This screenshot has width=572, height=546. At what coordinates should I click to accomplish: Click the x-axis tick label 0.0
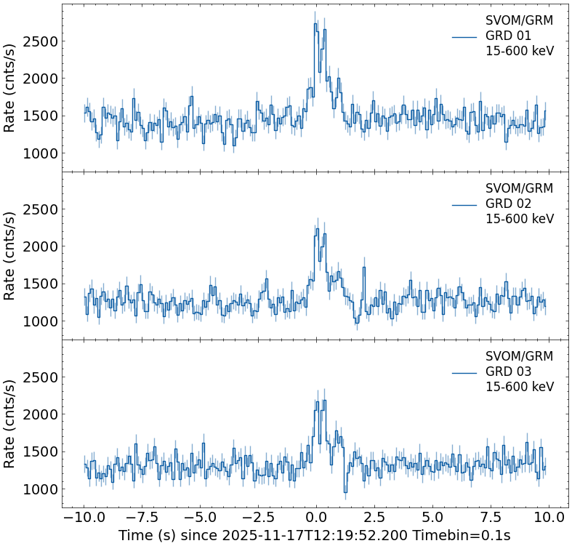(x=316, y=518)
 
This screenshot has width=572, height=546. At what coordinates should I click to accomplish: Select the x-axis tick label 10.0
(x=548, y=518)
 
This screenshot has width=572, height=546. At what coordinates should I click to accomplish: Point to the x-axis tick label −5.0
(x=200, y=518)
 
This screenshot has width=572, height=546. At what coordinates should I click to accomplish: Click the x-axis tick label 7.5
(x=491, y=518)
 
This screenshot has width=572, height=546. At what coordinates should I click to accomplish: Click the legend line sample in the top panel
(x=464, y=36)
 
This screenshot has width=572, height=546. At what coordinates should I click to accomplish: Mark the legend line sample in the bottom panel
(x=464, y=372)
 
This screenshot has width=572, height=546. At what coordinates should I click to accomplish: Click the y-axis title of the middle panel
(x=10, y=255)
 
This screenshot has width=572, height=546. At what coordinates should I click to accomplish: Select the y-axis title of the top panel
(x=10, y=87)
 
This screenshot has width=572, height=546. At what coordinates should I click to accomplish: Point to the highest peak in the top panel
(x=315, y=23)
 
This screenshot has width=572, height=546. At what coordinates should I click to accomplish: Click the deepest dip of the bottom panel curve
(x=345, y=493)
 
